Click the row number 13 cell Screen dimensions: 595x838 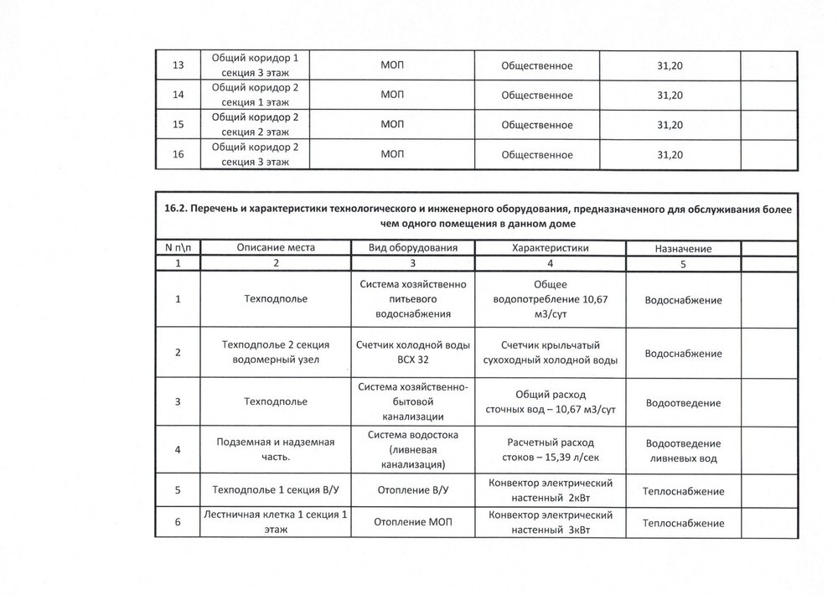click(x=177, y=65)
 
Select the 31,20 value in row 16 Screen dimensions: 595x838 click(x=670, y=155)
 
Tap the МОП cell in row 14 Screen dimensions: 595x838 click(x=392, y=95)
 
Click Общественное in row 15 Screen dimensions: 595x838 click(x=536, y=125)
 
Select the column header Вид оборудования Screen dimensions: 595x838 click(x=413, y=248)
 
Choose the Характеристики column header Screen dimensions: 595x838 click(x=550, y=248)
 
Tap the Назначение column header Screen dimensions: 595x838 click(x=683, y=249)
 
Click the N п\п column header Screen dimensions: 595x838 click(x=177, y=248)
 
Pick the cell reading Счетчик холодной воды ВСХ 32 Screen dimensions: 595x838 click(x=413, y=352)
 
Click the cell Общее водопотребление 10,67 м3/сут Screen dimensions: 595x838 click(x=550, y=299)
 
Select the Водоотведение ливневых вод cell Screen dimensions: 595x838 click(x=683, y=451)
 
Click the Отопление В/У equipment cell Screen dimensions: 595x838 click(x=413, y=491)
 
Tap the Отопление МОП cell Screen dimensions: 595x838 click(x=413, y=523)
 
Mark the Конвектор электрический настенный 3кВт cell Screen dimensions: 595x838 click(x=550, y=523)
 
